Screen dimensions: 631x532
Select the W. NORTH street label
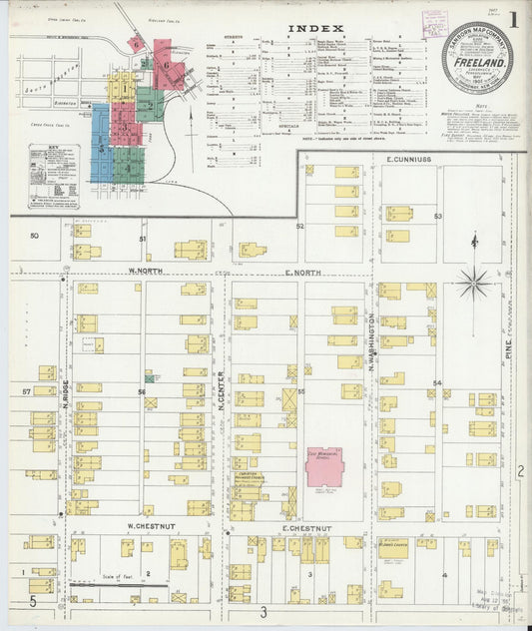click(144, 271)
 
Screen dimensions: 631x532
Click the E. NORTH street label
click(302, 271)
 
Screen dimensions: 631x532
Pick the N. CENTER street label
click(221, 391)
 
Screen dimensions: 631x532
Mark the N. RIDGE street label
click(63, 407)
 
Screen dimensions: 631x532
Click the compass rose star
click(473, 283)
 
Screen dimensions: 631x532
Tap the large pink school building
click(325, 466)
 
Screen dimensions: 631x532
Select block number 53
click(437, 216)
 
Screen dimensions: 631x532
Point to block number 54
click(436, 383)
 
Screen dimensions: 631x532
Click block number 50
click(33, 236)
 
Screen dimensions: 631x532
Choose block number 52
click(299, 227)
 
